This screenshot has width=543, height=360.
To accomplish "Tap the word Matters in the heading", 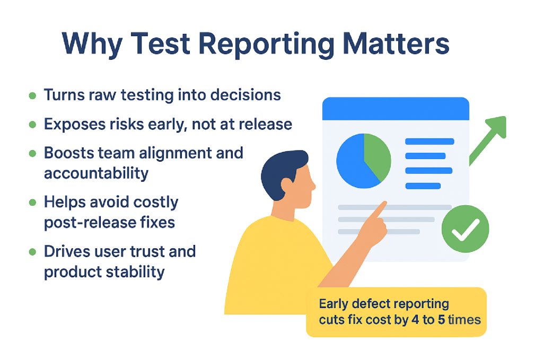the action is [396, 43].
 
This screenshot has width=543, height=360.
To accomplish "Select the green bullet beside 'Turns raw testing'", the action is [32, 95].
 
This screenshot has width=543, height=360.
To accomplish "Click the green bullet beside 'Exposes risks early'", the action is [32, 125].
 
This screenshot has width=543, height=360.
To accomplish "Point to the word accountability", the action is [97, 173].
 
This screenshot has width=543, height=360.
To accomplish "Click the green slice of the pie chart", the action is [378, 154].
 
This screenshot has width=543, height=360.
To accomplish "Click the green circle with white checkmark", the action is [465, 229].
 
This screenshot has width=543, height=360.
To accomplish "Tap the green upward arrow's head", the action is [497, 126].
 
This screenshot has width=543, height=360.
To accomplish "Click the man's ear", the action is [287, 186].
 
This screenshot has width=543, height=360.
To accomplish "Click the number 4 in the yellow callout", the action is [415, 320].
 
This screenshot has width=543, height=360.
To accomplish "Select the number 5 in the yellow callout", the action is [441, 320].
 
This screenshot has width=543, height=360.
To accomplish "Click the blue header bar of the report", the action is [396, 109].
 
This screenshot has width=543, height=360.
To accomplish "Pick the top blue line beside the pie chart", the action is [430, 141].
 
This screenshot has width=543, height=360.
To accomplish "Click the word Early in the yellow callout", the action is [334, 304].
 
